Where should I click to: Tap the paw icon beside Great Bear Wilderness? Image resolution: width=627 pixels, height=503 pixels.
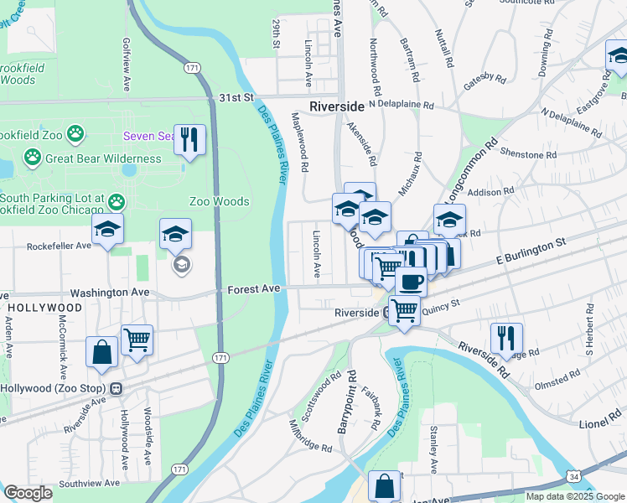33,157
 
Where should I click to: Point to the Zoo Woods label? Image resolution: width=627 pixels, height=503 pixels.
219,201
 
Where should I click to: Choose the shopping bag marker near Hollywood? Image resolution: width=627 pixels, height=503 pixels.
101,352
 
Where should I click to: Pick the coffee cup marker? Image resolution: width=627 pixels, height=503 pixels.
411,281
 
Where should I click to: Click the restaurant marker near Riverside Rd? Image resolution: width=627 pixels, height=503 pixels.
506,338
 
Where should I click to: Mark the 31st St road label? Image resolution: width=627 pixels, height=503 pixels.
236,98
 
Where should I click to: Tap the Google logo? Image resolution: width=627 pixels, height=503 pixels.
28,493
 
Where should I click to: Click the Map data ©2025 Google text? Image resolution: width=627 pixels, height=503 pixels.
574,496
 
